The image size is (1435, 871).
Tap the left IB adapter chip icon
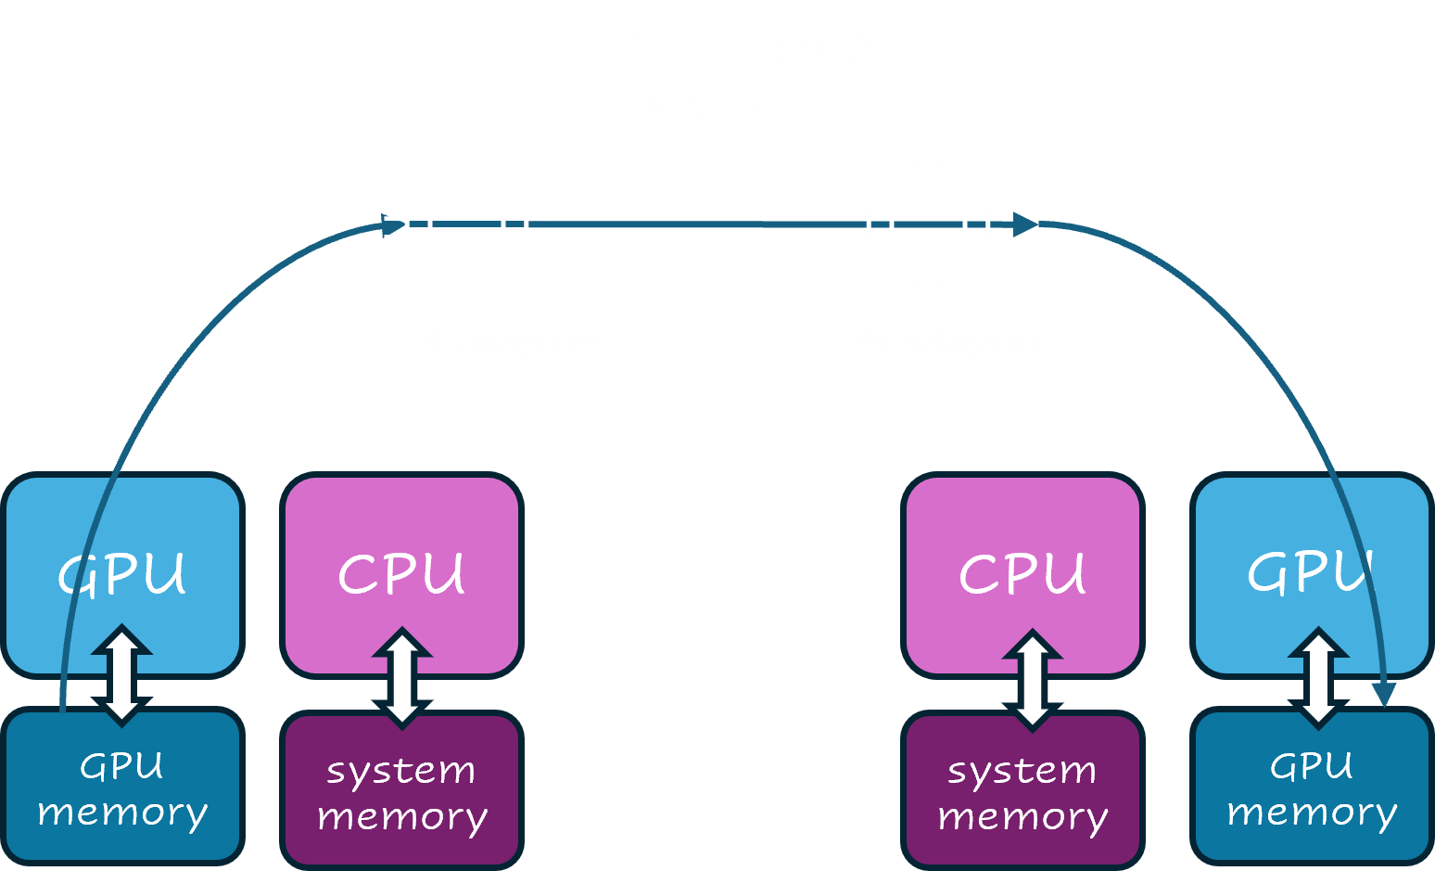click(466, 227)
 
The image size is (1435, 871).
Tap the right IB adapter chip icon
click(928, 224)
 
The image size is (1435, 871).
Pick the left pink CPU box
click(401, 557)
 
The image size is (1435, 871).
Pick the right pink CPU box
click(1022, 557)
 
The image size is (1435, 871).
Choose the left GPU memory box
click(123, 788)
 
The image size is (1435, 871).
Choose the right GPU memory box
click(1312, 788)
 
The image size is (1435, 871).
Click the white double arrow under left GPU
click(121, 674)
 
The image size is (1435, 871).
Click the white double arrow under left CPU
click(401, 677)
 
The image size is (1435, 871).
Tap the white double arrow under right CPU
click(1032, 680)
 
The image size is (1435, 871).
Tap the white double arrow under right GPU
click(1318, 677)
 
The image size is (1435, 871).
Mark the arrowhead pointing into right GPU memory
click(1384, 695)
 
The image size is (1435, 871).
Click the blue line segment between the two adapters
click(695, 224)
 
